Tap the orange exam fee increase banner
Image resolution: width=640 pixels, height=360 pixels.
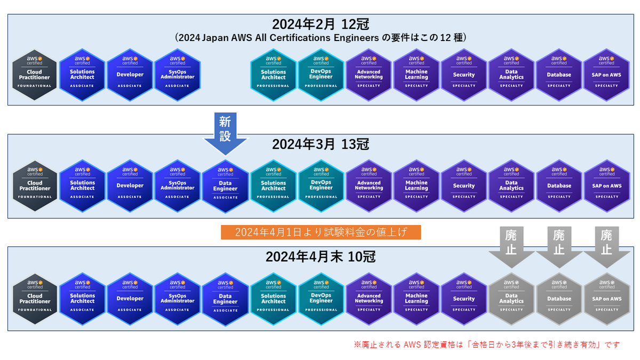click(321, 232)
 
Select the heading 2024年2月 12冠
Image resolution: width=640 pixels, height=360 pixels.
click(321, 24)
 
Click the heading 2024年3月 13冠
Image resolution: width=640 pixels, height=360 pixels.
click(321, 145)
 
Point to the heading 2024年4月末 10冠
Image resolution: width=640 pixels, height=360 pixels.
click(321, 257)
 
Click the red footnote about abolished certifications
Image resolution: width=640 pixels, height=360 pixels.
click(486, 345)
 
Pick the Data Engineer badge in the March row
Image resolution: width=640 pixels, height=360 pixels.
click(225, 186)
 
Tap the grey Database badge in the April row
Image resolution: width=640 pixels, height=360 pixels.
click(559, 299)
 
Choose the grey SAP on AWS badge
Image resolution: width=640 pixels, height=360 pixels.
click(606, 299)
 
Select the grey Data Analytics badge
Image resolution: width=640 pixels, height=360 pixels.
click(511, 299)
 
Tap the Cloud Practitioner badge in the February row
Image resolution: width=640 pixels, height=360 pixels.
click(35, 75)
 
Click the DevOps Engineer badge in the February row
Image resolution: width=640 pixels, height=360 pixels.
click(321, 75)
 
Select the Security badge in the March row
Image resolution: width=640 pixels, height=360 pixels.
click(463, 186)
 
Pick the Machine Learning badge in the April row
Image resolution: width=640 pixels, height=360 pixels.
click(416, 299)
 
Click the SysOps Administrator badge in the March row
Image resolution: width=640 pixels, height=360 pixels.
click(178, 186)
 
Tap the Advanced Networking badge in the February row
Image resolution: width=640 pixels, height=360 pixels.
click(369, 75)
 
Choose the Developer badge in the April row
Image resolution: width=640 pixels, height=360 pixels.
click(130, 299)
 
